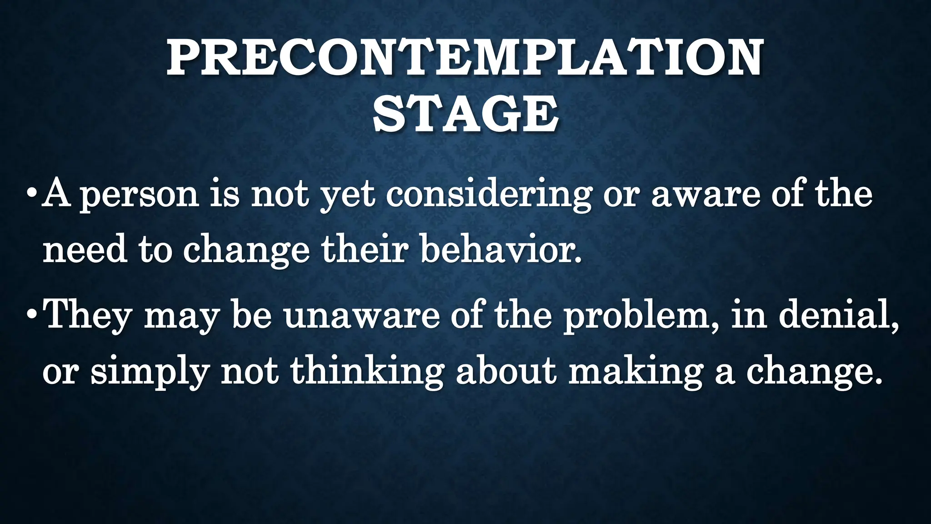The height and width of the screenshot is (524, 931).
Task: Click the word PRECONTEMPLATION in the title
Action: pyautogui.click(x=465, y=58)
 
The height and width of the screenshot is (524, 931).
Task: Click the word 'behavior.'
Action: pyautogui.click(x=501, y=251)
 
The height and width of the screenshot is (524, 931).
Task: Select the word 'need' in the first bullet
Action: pyautogui.click(x=85, y=251)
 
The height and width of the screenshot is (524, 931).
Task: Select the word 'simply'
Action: pyautogui.click(x=150, y=373)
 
